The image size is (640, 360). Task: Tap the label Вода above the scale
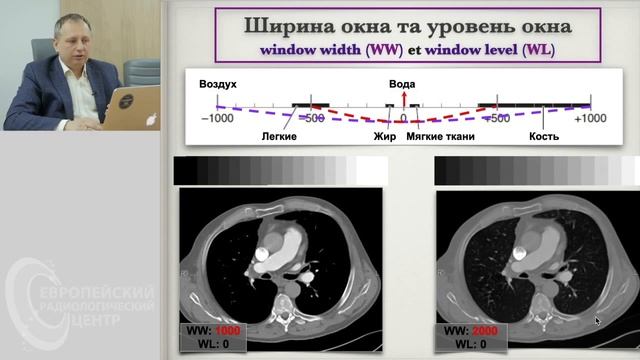pos(403,84)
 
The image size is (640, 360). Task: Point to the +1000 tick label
pos(590,118)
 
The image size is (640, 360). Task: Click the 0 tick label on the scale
pos(403,118)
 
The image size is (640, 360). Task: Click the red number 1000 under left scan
pos(229,329)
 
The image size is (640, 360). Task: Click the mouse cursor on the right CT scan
pos(598,321)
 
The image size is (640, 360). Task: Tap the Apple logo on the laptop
pos(152,117)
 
